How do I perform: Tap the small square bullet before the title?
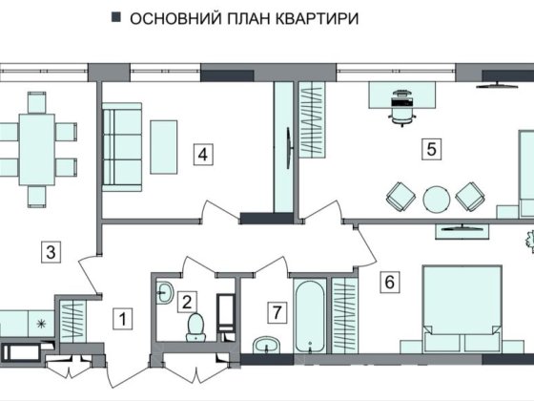pyautogui.click(x=115, y=19)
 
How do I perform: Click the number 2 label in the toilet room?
pyautogui.click(x=189, y=302)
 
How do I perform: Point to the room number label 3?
pyautogui.click(x=51, y=252)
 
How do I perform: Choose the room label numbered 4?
pyautogui.click(x=201, y=153)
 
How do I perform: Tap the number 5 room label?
pyautogui.click(x=431, y=149)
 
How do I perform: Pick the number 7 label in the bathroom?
pyautogui.click(x=276, y=311)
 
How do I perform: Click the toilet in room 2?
pyautogui.click(x=196, y=327)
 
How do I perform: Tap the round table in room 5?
pyautogui.click(x=437, y=198)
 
